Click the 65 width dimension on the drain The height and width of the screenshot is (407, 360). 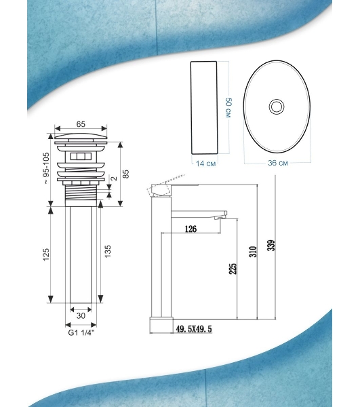[81, 124]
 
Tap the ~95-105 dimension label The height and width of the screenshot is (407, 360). [46, 168]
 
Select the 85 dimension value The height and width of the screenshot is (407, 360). [125, 174]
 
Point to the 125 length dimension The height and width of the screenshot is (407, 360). [46, 254]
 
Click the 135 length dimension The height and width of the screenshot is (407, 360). [108, 251]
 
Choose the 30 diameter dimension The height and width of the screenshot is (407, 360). [81, 315]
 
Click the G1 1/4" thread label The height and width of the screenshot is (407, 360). [81, 333]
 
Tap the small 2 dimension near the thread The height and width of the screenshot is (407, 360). [114, 178]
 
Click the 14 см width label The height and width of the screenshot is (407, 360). [205, 163]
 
